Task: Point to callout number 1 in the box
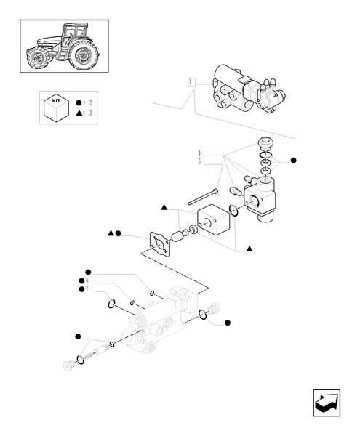190,81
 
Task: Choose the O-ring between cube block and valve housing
232,211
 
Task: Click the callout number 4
199,154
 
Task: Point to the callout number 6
87,280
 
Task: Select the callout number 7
87,289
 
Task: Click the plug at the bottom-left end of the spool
71,364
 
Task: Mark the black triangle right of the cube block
249,249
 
